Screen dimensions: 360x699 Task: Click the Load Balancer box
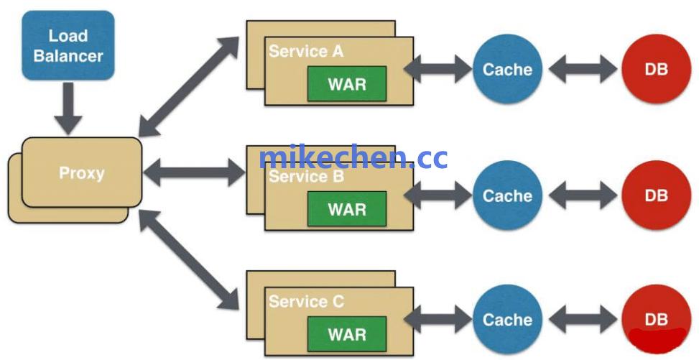tap(68, 45)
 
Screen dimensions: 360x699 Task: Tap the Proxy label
tap(81, 173)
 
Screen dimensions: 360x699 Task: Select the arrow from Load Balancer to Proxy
tap(69, 107)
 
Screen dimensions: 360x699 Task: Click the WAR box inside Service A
tap(347, 83)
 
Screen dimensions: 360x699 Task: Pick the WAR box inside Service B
tap(347, 209)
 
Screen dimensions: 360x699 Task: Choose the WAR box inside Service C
tap(347, 334)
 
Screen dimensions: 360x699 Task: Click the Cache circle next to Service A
tap(507, 70)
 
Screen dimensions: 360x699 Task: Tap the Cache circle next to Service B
tap(507, 195)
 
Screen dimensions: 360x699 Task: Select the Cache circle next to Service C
tap(507, 320)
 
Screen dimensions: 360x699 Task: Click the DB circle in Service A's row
tap(656, 70)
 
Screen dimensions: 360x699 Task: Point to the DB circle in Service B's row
tap(656, 195)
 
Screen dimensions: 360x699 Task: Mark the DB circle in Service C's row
tap(656, 320)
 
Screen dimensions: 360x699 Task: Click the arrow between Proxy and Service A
tap(189, 86)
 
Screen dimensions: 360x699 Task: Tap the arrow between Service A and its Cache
tap(438, 70)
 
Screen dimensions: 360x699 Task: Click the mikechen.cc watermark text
tap(353, 157)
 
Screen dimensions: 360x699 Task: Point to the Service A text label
tap(306, 52)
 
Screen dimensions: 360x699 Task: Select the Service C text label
tap(307, 302)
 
